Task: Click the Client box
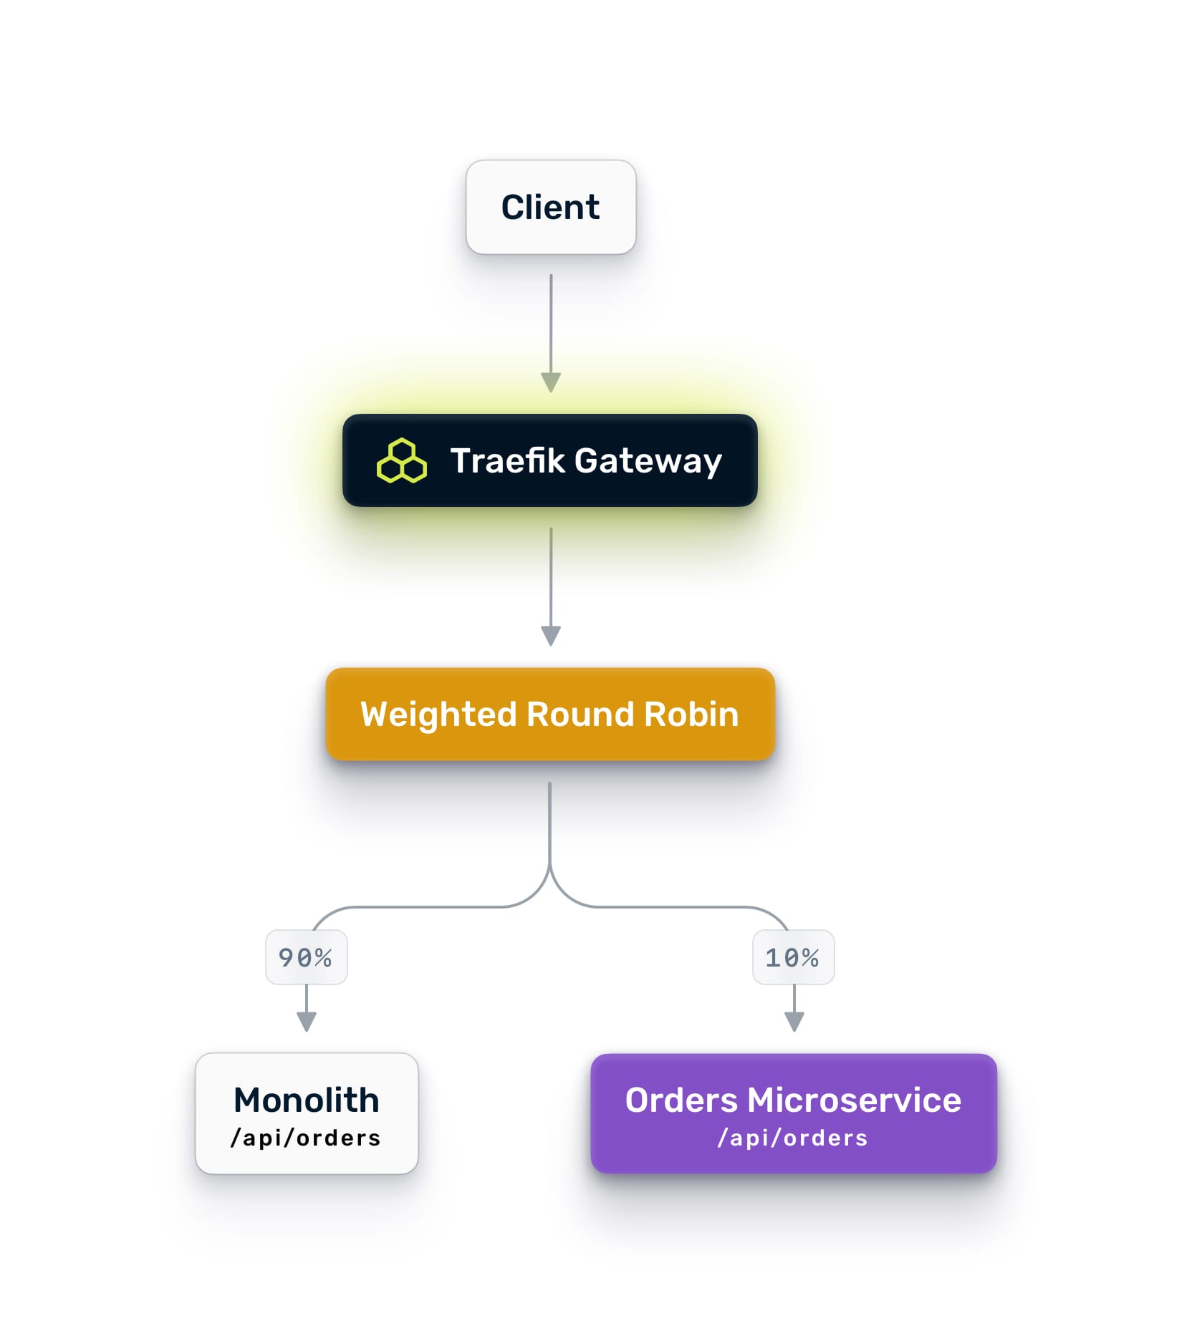pyautogui.click(x=550, y=207)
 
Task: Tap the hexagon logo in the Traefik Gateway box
pyautogui.click(x=402, y=461)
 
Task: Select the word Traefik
pyautogui.click(x=507, y=460)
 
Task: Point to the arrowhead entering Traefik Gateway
pyautogui.click(x=550, y=382)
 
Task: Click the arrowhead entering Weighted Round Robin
pyautogui.click(x=550, y=636)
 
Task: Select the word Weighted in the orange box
pyautogui.click(x=438, y=715)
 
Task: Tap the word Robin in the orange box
pyautogui.click(x=691, y=714)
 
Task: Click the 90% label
pyautogui.click(x=306, y=957)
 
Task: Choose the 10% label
pyautogui.click(x=793, y=957)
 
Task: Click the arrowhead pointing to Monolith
pyautogui.click(x=307, y=1021)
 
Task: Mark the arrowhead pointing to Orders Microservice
pyautogui.click(x=794, y=1021)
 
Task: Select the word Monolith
pyautogui.click(x=307, y=1100)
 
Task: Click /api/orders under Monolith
pyautogui.click(x=306, y=1138)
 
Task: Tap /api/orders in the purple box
pyautogui.click(x=793, y=1138)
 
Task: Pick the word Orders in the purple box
pyautogui.click(x=681, y=1100)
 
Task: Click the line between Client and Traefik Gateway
pyautogui.click(x=550, y=322)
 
